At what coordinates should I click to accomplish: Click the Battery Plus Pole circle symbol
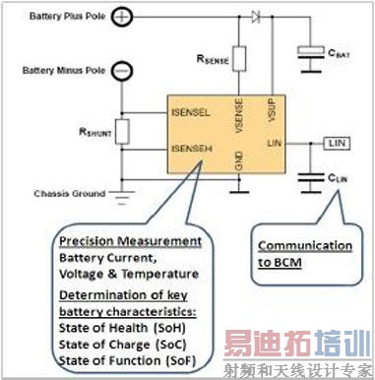pos(120,17)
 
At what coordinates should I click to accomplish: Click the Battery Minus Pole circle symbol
pos(120,71)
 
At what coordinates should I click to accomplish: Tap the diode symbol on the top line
pos(258,17)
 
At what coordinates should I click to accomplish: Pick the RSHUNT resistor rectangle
pos(120,130)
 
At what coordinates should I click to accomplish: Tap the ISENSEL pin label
pos(189,112)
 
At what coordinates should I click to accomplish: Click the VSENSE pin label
pos(239,112)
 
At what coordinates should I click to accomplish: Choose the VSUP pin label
pos(273,107)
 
